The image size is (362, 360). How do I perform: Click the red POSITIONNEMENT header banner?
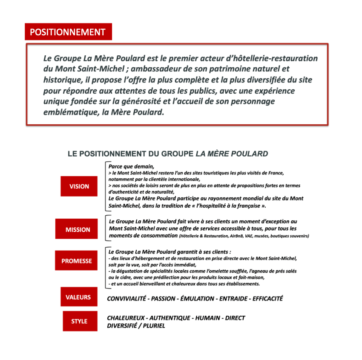(68, 32)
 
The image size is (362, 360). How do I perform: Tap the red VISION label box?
(79, 186)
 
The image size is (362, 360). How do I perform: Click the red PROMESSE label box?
(77, 261)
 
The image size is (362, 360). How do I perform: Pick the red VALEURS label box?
(78, 297)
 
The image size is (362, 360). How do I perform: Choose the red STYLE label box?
(79, 321)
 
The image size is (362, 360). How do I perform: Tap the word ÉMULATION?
(195, 299)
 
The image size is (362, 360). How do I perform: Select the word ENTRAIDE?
(233, 299)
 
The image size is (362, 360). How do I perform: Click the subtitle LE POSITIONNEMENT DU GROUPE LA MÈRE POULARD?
(168, 154)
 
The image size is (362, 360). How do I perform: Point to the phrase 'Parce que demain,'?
(131, 166)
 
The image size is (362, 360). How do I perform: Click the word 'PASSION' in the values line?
(163, 299)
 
